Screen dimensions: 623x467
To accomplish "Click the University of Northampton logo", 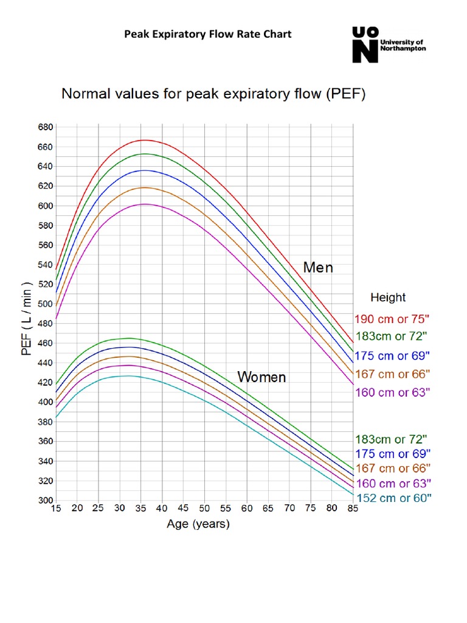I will point(389,44).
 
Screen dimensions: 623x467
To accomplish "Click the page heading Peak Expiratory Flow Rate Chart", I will point(208,34).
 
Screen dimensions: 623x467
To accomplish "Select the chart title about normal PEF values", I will point(212,95).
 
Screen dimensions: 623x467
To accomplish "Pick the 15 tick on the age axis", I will point(56,509).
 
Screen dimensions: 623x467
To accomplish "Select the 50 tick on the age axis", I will point(204,509).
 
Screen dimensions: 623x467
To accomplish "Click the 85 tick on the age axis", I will point(353,509).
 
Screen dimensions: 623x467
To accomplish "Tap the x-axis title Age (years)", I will point(198,524).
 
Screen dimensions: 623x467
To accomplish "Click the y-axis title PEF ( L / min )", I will point(27,319).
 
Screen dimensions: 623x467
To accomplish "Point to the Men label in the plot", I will point(318,268).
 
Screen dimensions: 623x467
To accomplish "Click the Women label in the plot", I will point(261,377).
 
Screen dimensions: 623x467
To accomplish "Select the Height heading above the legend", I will point(388,298).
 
